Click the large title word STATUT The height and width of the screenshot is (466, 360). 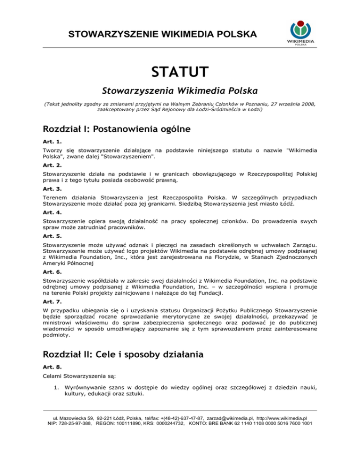(180, 73)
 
